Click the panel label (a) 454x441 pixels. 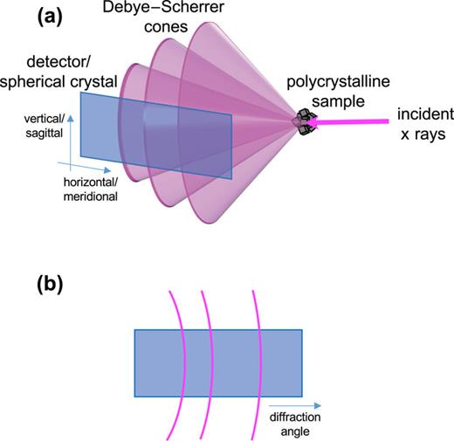[29, 15]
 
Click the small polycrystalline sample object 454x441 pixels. [304, 125]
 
